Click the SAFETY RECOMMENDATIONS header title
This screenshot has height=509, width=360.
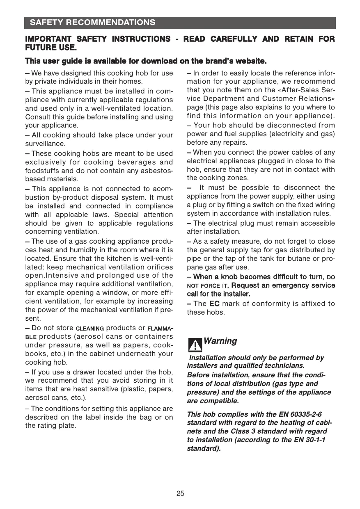(92, 23)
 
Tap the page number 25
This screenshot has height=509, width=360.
(180, 493)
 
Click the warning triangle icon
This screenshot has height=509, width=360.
(195, 345)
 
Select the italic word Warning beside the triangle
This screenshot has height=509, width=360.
(220, 341)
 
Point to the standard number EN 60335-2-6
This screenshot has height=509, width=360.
(299, 415)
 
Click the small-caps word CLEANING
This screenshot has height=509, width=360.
(89, 329)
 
